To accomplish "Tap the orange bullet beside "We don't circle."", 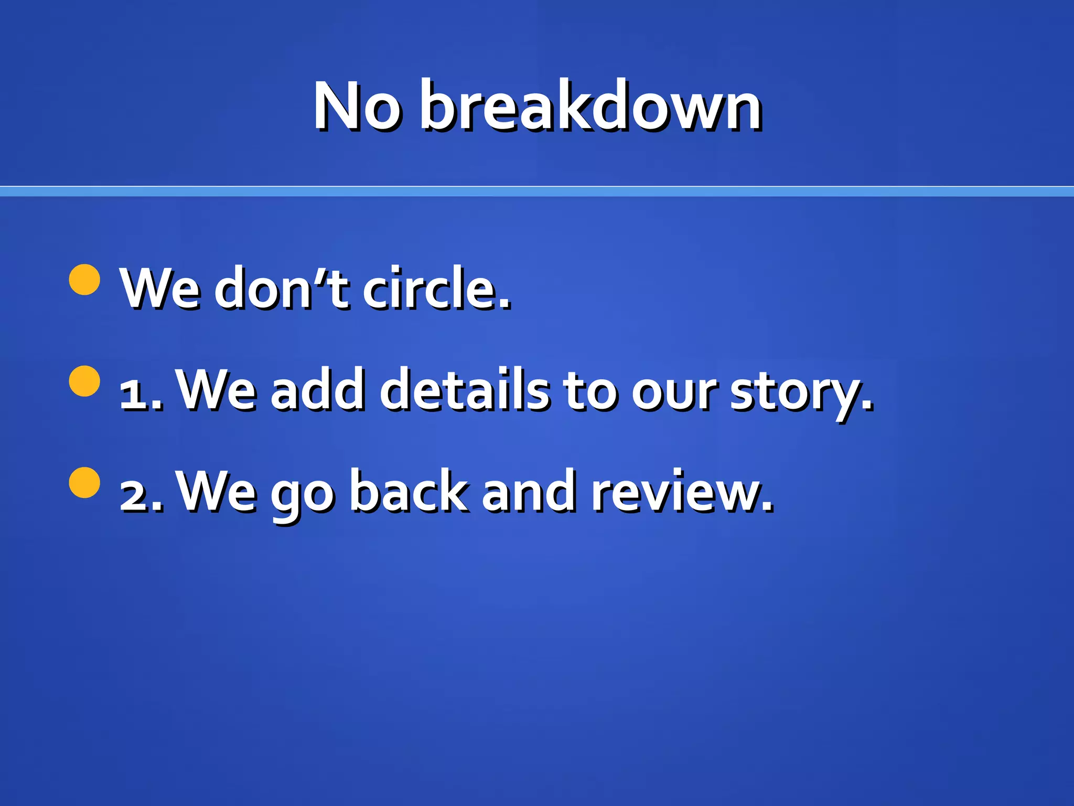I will click(84, 280).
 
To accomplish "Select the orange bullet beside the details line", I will click(84, 381).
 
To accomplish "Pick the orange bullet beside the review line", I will click(84, 482).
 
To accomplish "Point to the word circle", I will click(436, 288).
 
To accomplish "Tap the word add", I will click(317, 389).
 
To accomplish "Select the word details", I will click(465, 389).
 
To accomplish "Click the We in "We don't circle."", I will click(160, 288).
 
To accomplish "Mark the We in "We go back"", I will click(217, 491).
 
